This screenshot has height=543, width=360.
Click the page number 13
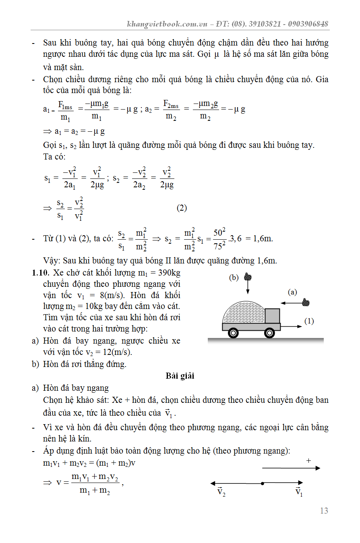click(x=324, y=511)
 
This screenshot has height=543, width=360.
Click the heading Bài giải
click(x=180, y=376)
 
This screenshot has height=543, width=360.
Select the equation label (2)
click(x=182, y=208)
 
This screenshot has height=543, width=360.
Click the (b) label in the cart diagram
click(x=234, y=278)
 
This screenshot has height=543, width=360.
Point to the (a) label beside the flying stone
click(x=292, y=292)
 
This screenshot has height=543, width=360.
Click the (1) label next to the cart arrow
click(x=309, y=321)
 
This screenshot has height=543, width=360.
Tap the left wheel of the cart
click(x=233, y=333)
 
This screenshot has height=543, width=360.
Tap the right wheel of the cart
click(x=269, y=333)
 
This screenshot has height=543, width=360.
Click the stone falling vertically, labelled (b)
click(x=248, y=277)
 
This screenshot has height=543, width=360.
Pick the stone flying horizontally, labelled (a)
click(x=306, y=302)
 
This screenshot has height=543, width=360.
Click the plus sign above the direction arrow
click(x=309, y=460)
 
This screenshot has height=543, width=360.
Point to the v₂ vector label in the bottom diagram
click(x=221, y=492)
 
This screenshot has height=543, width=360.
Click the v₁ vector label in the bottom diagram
click(x=299, y=492)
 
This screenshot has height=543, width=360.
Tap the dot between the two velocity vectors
click(x=262, y=483)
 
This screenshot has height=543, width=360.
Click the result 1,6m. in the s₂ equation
click(x=263, y=238)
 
